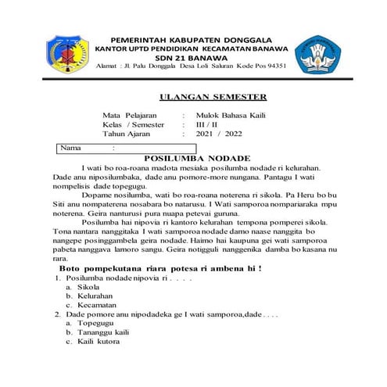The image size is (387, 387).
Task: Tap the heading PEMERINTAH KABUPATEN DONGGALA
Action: point(191,38)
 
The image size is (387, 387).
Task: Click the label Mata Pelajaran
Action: point(130,114)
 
